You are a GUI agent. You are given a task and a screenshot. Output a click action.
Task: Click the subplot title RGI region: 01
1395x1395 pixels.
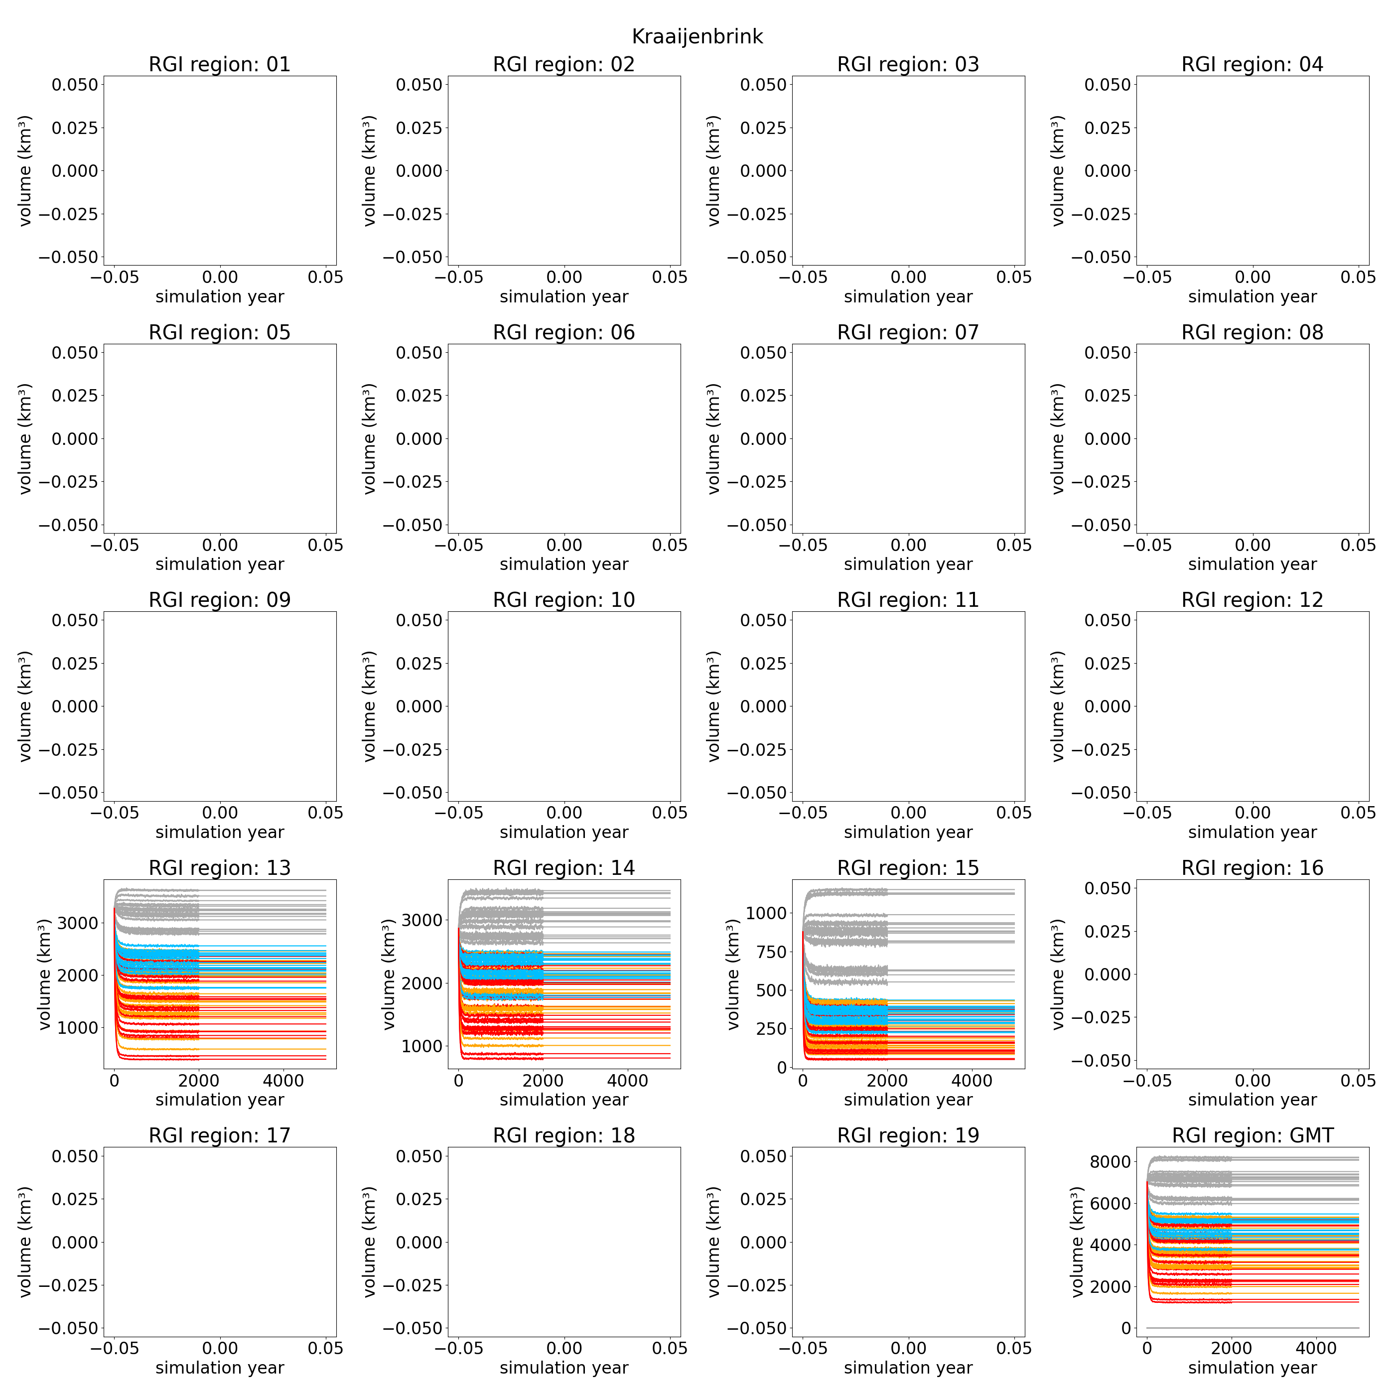[220, 64]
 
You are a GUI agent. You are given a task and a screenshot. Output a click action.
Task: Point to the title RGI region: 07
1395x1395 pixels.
[908, 332]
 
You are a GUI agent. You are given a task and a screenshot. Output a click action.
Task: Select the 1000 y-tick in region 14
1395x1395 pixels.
[421, 1046]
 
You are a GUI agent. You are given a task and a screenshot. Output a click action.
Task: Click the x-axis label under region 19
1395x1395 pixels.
[908, 1368]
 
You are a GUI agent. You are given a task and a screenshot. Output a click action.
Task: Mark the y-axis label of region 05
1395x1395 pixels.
[25, 438]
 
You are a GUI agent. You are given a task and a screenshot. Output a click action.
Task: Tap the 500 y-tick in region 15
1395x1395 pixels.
[766, 990]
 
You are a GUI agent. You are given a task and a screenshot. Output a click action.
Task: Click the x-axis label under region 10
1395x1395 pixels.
[564, 832]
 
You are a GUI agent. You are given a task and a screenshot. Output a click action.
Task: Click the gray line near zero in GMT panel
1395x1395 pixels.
[1252, 1327]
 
